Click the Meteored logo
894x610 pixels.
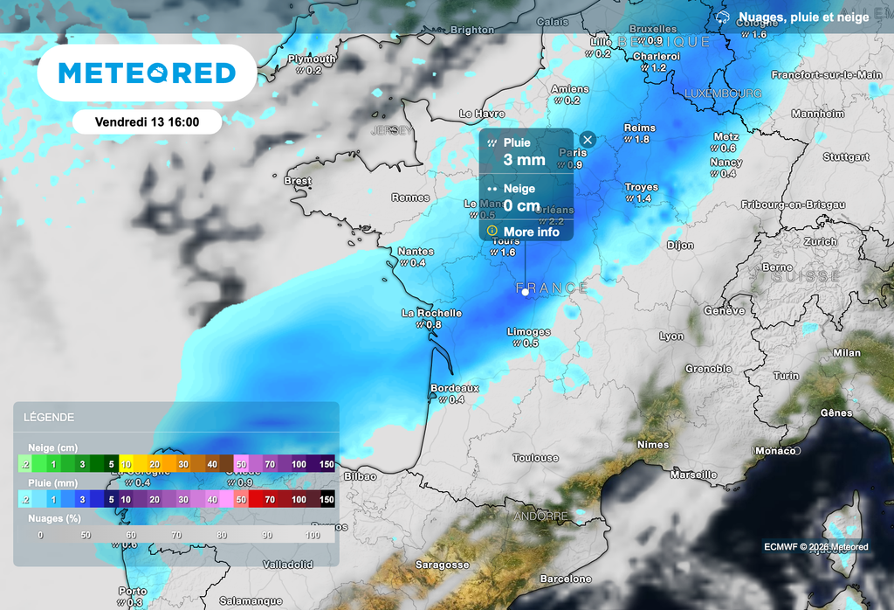click(147, 73)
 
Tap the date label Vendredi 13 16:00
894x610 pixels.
click(146, 122)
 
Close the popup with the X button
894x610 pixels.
click(588, 140)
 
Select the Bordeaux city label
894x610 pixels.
click(455, 388)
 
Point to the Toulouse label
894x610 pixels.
click(535, 458)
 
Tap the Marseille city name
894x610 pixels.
click(693, 475)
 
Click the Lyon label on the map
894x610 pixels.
click(671, 336)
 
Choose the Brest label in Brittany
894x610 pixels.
click(298, 181)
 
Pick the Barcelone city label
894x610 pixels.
click(566, 579)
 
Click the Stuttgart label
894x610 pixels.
click(846, 157)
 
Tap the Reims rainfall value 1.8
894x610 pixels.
click(642, 140)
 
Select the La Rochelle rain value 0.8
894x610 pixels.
click(434, 325)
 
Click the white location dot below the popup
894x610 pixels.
click(525, 293)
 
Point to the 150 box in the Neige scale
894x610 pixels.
click(326, 464)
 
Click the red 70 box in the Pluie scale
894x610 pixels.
click(271, 499)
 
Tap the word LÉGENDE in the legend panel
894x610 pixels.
click(49, 418)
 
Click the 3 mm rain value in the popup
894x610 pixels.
click(524, 160)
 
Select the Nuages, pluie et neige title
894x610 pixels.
click(803, 17)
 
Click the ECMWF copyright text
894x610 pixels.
click(815, 547)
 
